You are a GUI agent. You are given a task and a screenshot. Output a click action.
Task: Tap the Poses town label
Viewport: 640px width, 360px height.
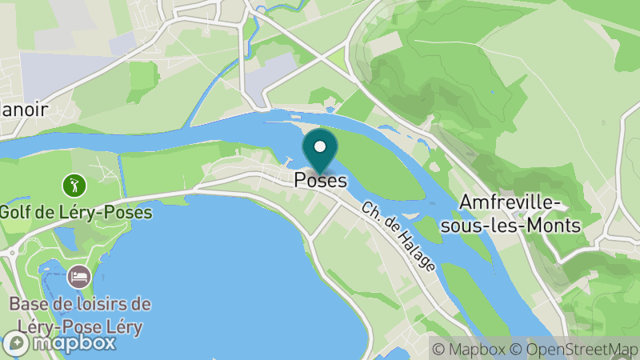click(320, 181)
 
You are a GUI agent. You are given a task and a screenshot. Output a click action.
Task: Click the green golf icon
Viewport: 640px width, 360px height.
click(74, 186)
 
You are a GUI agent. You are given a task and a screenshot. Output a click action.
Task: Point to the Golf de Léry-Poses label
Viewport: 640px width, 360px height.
click(75, 214)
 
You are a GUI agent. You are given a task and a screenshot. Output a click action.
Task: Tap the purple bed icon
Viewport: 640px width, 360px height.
click(78, 277)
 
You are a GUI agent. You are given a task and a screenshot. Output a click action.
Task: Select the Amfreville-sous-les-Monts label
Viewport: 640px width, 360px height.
click(520, 214)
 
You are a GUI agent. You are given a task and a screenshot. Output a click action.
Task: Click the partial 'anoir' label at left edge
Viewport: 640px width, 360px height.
click(24, 110)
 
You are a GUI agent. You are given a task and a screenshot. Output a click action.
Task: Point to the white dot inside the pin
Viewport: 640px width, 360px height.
click(320, 146)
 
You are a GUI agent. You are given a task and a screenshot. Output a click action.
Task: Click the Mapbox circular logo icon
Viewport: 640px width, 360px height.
click(15, 343)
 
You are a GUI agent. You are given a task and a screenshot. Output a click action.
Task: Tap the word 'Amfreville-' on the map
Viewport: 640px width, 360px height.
click(520, 203)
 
